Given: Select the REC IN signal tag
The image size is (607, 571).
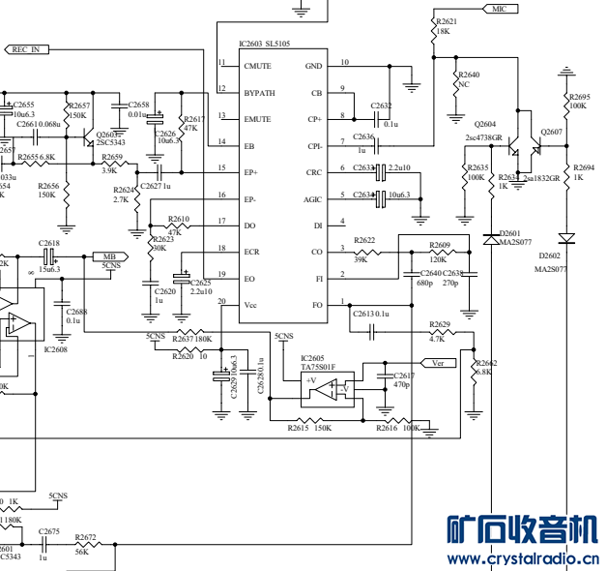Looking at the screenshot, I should pos(27,48).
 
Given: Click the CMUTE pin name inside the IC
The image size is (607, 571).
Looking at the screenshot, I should pos(257,66).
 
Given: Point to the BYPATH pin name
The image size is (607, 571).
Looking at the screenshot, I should pos(259,93).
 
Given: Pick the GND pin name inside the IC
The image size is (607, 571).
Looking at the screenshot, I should pos(314,66).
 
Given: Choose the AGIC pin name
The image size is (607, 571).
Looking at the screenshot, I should pos(313,198).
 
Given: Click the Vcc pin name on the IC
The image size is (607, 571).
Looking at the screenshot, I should pos(250,305).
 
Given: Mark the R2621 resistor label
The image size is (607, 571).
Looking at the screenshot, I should pos(447,20).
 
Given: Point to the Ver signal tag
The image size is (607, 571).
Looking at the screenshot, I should pos(438,363).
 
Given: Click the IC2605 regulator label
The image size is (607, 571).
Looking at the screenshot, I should pos(312,358).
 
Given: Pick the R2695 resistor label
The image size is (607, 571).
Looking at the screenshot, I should pos(579,96).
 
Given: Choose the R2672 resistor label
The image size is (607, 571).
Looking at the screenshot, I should pos(85,536).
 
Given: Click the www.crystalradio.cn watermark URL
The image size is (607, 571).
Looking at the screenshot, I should pos(521,559).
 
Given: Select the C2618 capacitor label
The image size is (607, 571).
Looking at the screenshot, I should pos(49,244).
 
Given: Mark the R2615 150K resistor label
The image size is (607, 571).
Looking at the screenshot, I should pos(310,428).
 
